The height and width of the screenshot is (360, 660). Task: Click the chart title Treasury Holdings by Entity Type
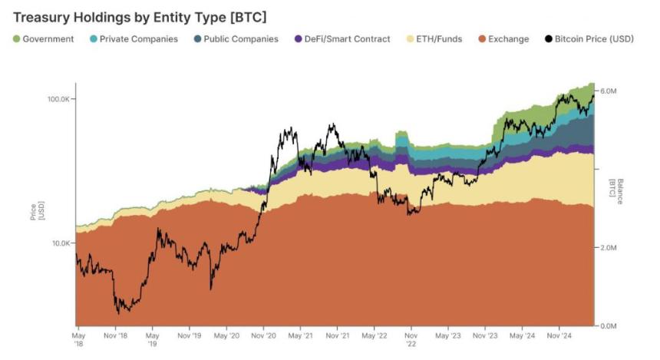(x=139, y=16)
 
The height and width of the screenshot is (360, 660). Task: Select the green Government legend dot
(x=16, y=39)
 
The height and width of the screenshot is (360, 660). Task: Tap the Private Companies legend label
(x=139, y=39)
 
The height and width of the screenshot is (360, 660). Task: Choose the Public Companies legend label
(x=241, y=39)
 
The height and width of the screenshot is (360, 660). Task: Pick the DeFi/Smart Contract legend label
(x=347, y=39)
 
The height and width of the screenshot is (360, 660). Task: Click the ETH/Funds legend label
(x=439, y=39)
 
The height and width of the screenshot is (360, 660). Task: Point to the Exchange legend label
(x=508, y=39)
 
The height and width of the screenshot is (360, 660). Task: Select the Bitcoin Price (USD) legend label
(x=595, y=39)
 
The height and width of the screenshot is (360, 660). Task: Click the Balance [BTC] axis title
(x=616, y=187)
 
